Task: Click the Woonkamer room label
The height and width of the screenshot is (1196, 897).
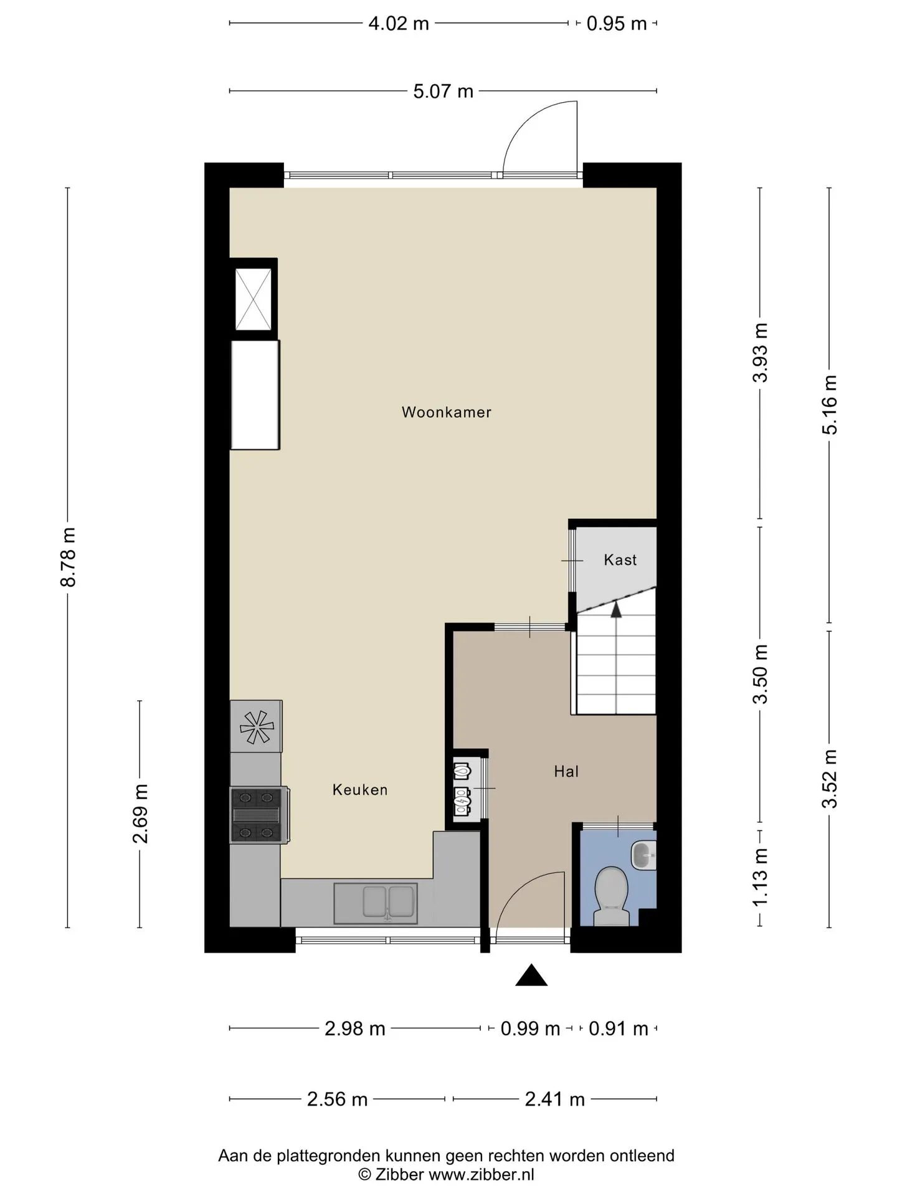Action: point(446,412)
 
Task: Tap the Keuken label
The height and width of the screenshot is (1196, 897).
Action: point(360,790)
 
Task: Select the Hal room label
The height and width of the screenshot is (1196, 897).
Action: point(566,772)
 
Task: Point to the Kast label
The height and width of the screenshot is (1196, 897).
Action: point(620,560)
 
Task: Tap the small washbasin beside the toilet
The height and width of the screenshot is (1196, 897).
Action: point(643,855)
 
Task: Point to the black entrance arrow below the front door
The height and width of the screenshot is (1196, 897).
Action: point(531,975)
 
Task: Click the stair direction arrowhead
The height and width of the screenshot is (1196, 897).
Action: point(616,609)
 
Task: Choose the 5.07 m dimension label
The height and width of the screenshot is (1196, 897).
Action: point(444,92)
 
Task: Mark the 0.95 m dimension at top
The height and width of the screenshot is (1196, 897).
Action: point(617,24)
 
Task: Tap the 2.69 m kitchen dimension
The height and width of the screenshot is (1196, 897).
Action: point(140,814)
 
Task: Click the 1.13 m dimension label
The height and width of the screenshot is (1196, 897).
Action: point(760,877)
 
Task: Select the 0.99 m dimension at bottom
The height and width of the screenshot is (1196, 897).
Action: point(530,1028)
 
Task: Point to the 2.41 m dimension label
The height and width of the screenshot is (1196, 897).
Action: point(554,1099)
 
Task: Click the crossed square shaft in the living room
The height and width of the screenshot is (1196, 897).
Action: point(254,299)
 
